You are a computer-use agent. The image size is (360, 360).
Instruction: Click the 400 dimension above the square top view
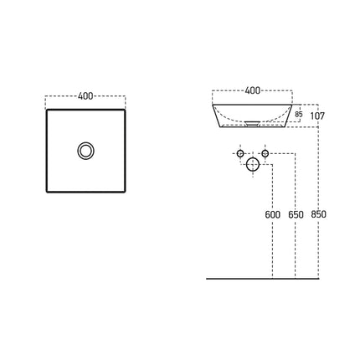(x=85, y=96)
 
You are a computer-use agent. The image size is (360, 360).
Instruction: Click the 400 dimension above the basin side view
(x=253, y=90)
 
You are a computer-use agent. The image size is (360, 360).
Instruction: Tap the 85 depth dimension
(x=299, y=114)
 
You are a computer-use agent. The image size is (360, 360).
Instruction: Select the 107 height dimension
(x=317, y=116)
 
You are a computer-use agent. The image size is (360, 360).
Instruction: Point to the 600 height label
(x=272, y=214)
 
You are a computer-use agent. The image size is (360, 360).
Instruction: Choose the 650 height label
(x=296, y=214)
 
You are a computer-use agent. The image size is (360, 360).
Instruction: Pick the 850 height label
(x=318, y=214)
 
